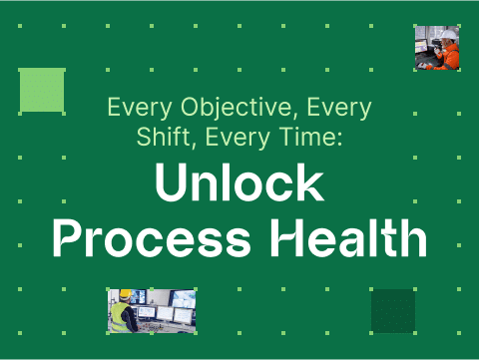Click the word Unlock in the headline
click(x=239, y=186)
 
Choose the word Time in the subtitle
click(x=313, y=136)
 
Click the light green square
click(x=42, y=90)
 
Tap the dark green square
click(x=392, y=310)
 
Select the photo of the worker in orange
click(x=437, y=48)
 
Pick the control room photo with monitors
click(x=152, y=310)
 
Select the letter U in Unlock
click(x=171, y=186)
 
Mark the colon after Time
click(x=339, y=138)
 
